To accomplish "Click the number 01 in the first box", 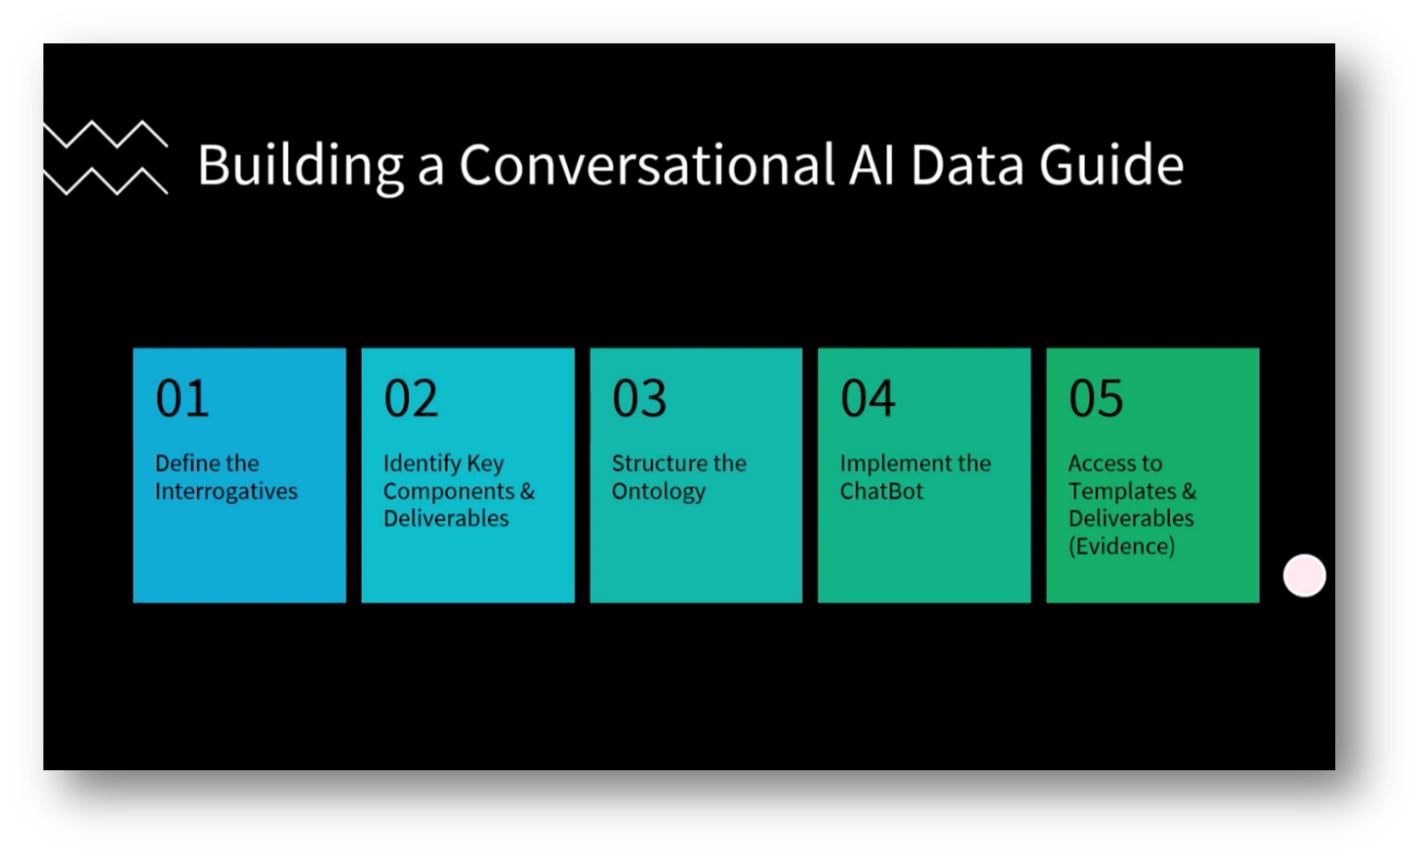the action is [x=182, y=399].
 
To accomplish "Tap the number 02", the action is [x=410, y=399].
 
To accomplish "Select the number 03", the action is [x=639, y=399].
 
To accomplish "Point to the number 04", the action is [x=867, y=399].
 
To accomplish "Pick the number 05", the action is [x=1095, y=399].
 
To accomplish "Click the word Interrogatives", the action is [x=226, y=491].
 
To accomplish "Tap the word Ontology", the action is [x=658, y=491].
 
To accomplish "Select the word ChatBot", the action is [x=881, y=491].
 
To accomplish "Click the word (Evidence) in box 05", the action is [x=1121, y=547].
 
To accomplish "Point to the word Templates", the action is [x=1122, y=491].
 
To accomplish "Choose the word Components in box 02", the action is [x=449, y=491].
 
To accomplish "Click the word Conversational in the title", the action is [x=646, y=165].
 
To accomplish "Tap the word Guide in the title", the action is [x=1111, y=165].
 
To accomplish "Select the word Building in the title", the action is [x=300, y=167].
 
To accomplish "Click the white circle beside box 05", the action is [x=1304, y=575].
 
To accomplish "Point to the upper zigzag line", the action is [x=106, y=135].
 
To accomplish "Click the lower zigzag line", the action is [x=106, y=181].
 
